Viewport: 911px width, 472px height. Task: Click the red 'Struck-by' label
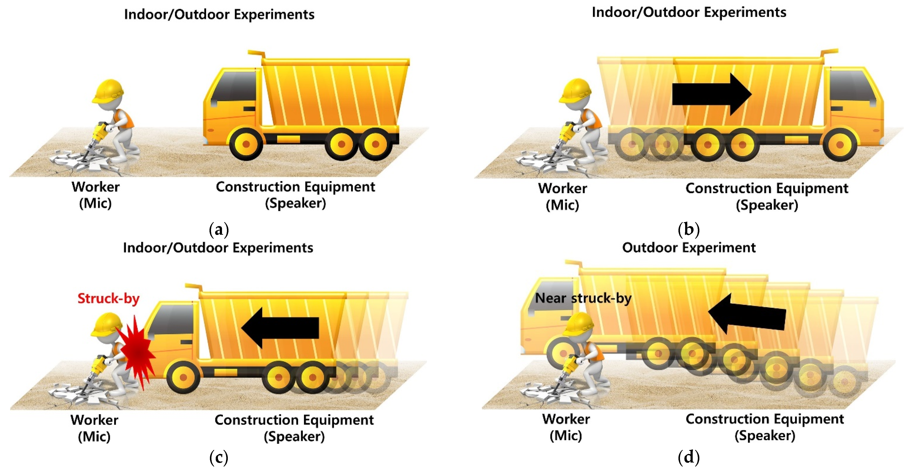(x=108, y=299)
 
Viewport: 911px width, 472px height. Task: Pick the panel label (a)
(x=219, y=230)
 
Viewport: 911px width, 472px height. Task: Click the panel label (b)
(x=689, y=230)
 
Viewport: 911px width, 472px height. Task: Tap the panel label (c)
(x=219, y=458)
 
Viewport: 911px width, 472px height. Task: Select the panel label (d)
(x=689, y=458)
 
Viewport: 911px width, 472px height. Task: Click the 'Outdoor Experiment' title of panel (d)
(x=689, y=247)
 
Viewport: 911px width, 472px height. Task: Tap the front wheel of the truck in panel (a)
(x=246, y=144)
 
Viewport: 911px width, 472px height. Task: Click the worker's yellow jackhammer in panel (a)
(x=99, y=133)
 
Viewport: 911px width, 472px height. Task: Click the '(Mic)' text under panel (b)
(x=562, y=205)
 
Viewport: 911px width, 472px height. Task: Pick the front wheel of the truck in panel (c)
(x=183, y=377)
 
